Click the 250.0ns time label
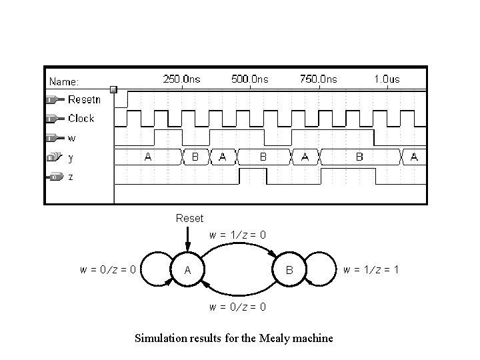pyautogui.click(x=181, y=79)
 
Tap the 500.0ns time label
pyautogui.click(x=249, y=79)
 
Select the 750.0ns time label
pyautogui.click(x=318, y=79)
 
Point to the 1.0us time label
pyautogui.click(x=387, y=79)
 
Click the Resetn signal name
pyautogui.click(x=84, y=99)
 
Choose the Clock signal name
pyautogui.click(x=81, y=119)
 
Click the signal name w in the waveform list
pyautogui.click(x=72, y=138)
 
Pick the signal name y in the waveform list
pyautogui.click(x=71, y=158)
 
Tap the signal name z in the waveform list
pyautogui.click(x=71, y=177)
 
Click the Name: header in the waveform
pyautogui.click(x=64, y=82)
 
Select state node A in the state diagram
pyautogui.click(x=188, y=270)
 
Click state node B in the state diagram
pyautogui.click(x=289, y=270)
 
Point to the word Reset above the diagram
pyautogui.click(x=189, y=218)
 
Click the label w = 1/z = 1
pyautogui.click(x=371, y=270)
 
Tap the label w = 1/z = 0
pyautogui.click(x=238, y=235)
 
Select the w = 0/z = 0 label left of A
pyautogui.click(x=109, y=270)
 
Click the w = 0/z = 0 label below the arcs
pyautogui.click(x=238, y=307)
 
